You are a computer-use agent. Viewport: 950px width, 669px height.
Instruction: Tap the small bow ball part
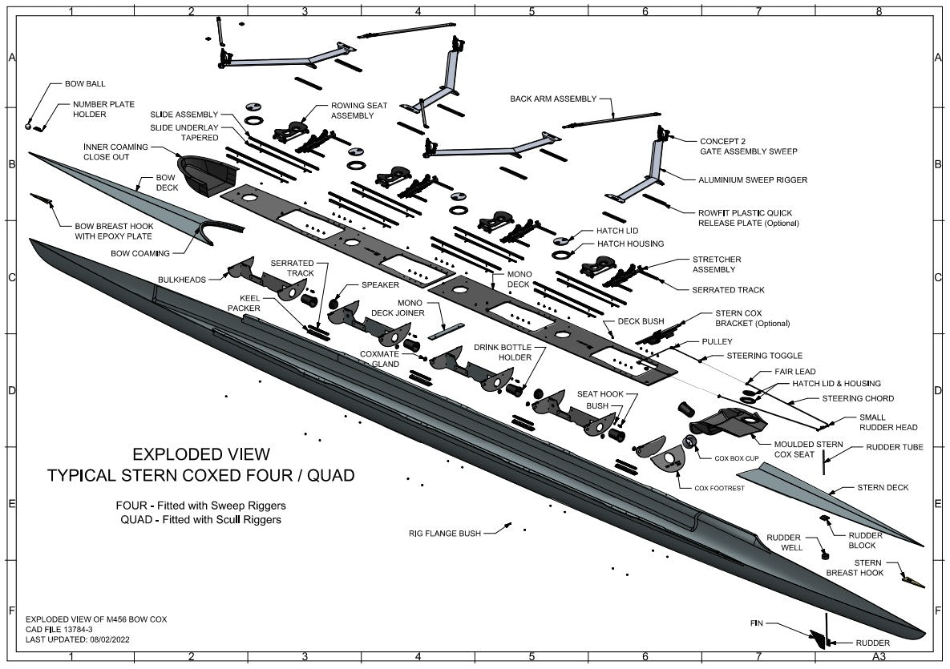pos(28,127)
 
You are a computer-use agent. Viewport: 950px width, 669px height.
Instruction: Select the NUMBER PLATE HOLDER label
pos(103,110)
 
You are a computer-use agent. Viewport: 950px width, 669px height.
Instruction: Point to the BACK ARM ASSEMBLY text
pos(553,99)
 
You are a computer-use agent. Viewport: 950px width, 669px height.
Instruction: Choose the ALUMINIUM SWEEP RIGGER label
pos(753,180)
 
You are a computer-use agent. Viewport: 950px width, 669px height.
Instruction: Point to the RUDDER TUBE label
pos(894,447)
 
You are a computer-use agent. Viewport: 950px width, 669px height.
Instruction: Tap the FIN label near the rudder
pos(757,623)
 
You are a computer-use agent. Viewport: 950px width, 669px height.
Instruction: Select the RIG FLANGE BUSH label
pos(443,533)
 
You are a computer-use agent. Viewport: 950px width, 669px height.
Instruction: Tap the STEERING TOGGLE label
pos(764,356)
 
